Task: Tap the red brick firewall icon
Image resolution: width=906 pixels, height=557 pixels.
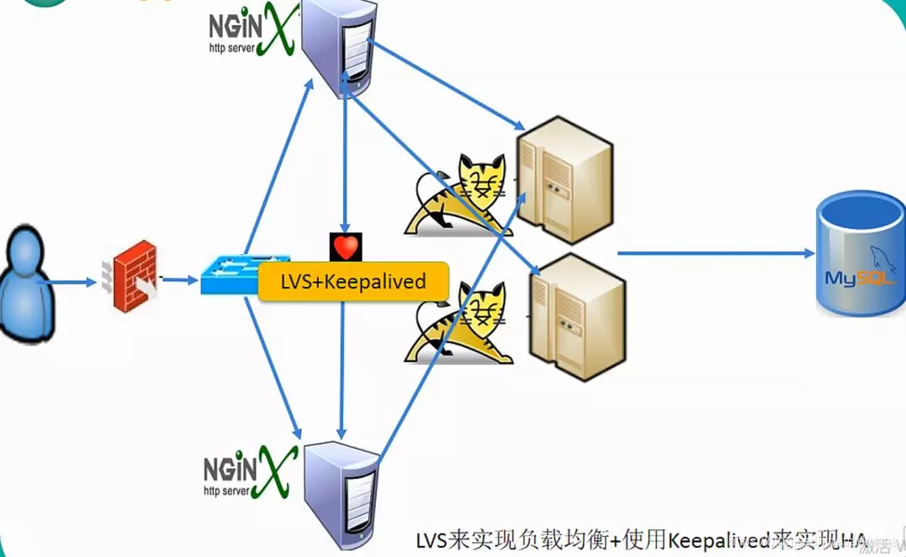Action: coord(134,276)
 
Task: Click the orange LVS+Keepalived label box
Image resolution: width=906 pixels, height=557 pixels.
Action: coord(353,282)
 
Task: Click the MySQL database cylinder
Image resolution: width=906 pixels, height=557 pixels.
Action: coord(861,256)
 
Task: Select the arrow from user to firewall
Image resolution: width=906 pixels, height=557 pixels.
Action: coord(70,282)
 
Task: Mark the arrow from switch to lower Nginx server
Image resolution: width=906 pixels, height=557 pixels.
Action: coord(273,370)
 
